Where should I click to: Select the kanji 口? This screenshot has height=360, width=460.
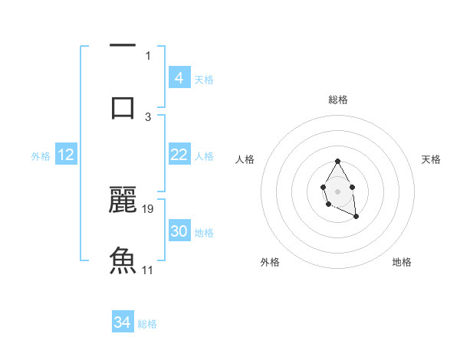(123, 106)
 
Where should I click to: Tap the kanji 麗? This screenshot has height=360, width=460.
(123, 199)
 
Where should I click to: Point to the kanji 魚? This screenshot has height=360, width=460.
(123, 260)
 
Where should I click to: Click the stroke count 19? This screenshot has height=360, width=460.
(149, 208)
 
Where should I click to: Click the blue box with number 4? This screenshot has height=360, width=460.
(179, 78)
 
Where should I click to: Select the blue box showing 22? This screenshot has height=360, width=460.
(179, 155)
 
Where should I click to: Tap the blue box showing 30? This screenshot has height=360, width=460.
(179, 231)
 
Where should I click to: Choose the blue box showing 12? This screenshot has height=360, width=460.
(66, 155)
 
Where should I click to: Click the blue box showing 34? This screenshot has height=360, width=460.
(123, 322)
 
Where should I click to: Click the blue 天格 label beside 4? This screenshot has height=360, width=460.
(204, 80)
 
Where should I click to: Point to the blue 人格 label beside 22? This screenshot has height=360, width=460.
(204, 156)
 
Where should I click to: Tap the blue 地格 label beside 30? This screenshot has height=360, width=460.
(204, 233)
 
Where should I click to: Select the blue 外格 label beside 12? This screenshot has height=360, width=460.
(41, 156)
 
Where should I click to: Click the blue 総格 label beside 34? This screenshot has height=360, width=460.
(147, 324)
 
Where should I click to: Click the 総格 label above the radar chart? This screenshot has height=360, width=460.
(337, 100)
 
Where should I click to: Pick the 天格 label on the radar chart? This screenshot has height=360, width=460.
(431, 159)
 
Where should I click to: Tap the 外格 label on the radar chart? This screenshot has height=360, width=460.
(270, 262)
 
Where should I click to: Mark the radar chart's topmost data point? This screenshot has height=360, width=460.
(337, 161)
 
